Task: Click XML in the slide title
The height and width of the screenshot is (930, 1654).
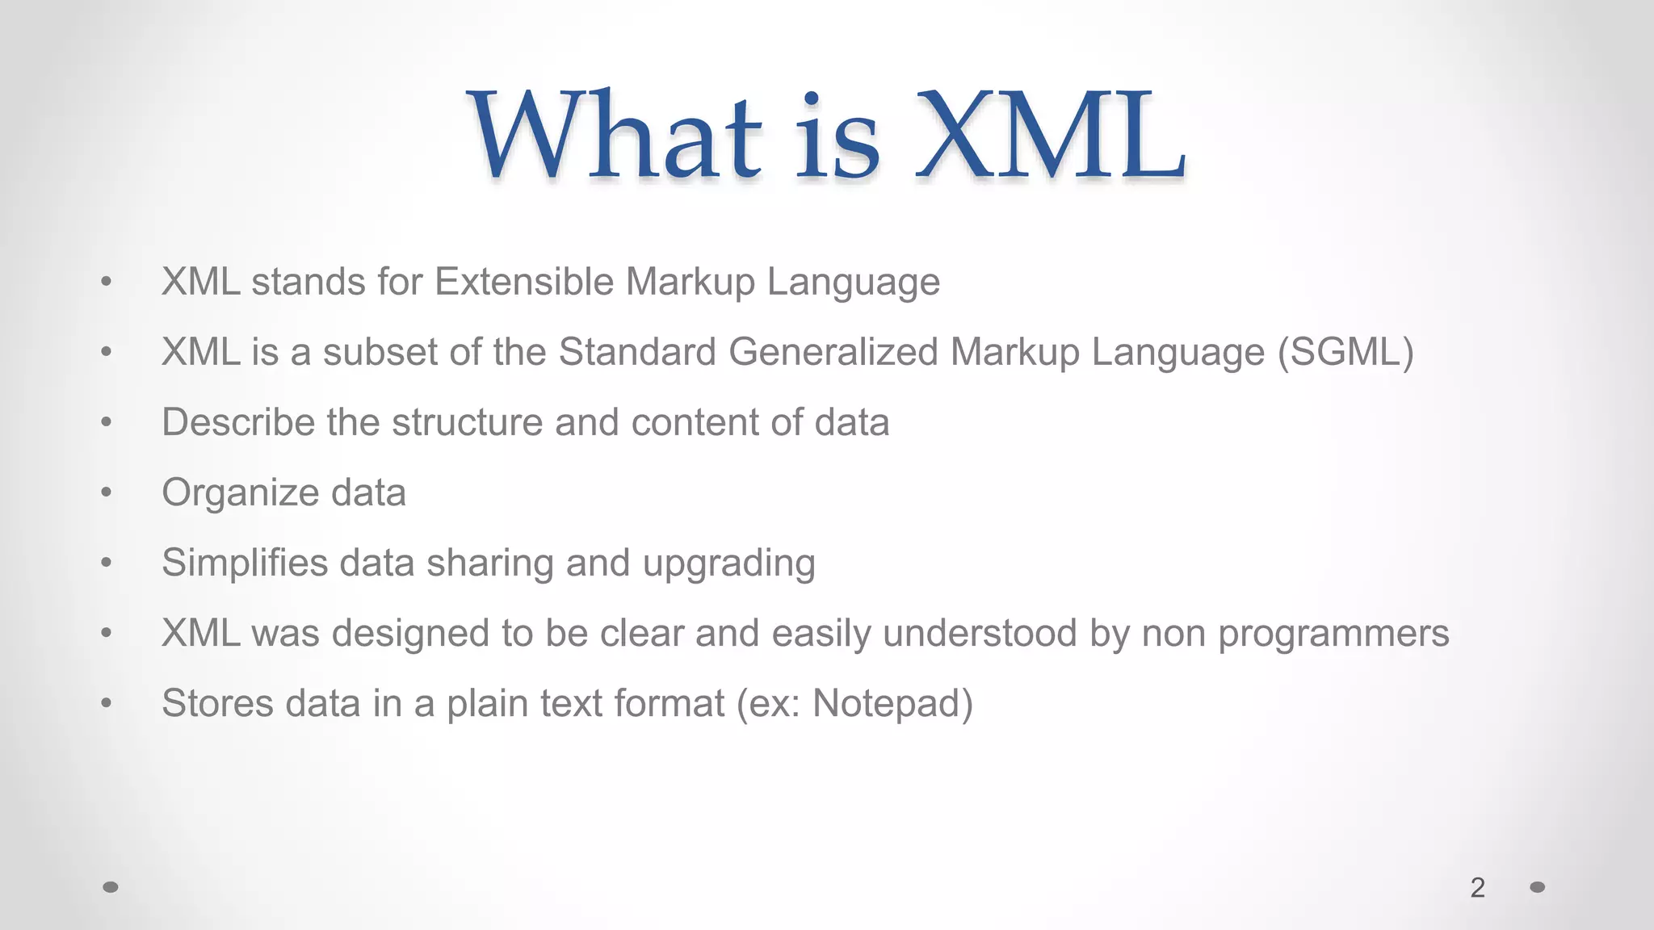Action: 1050,136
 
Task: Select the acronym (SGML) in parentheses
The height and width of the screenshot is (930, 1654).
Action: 1345,353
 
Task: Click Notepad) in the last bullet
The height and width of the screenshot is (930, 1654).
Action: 892,704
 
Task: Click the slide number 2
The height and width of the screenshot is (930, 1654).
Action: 1477,888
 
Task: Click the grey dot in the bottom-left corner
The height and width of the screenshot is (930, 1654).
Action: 111,887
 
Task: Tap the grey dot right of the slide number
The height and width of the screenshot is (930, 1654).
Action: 1538,887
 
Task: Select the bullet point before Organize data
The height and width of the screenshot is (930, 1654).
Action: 106,492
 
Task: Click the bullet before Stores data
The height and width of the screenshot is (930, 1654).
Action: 106,703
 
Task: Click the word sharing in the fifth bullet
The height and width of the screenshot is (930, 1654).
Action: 489,563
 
